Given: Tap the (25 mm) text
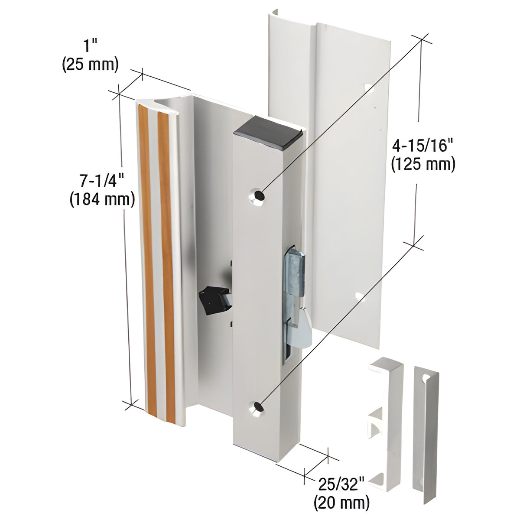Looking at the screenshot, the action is pos(91,65).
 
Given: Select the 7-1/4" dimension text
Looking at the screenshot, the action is pos(102,180).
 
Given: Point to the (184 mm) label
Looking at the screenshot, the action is pos(102,200).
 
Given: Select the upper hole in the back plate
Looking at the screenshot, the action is pos(369,88).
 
